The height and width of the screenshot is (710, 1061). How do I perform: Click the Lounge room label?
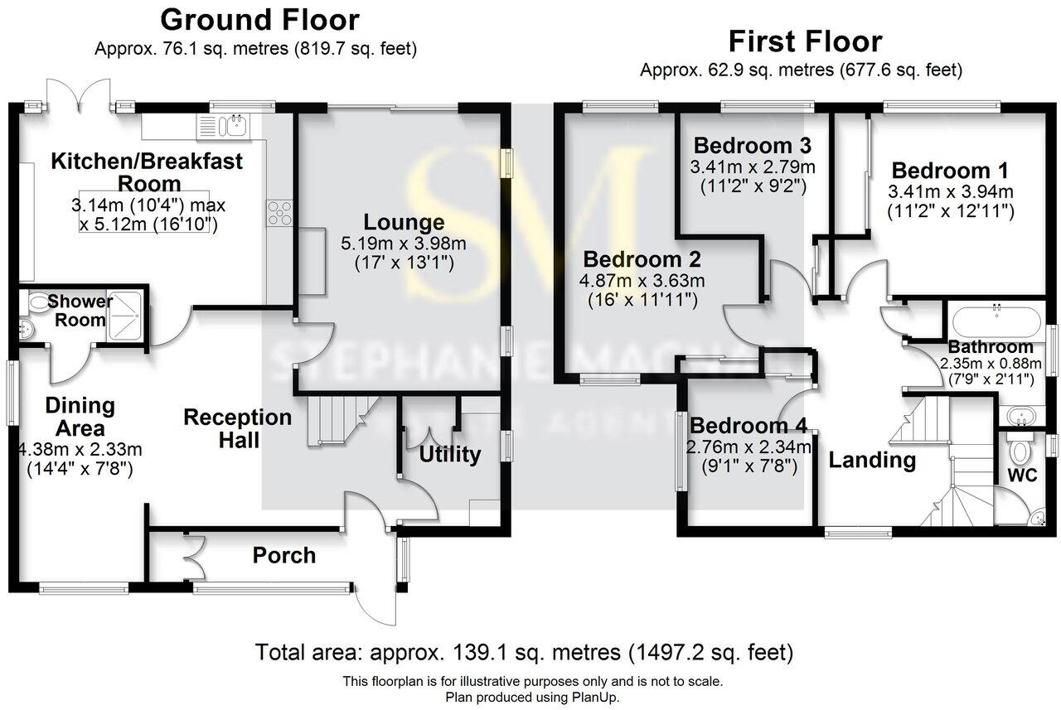(x=404, y=222)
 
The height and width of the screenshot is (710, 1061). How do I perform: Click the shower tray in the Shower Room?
(x=126, y=314)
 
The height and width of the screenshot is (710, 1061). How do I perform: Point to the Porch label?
(x=283, y=555)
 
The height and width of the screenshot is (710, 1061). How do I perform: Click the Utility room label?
(x=449, y=454)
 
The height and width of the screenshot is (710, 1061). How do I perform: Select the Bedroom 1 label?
(x=950, y=171)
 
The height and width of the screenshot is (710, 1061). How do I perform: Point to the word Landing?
(x=872, y=460)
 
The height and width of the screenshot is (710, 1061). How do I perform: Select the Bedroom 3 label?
(x=751, y=146)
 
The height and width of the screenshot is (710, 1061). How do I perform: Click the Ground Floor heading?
(x=259, y=19)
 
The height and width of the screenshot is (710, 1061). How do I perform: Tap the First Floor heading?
(x=804, y=41)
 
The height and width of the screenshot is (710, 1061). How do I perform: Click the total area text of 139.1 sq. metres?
(x=524, y=652)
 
